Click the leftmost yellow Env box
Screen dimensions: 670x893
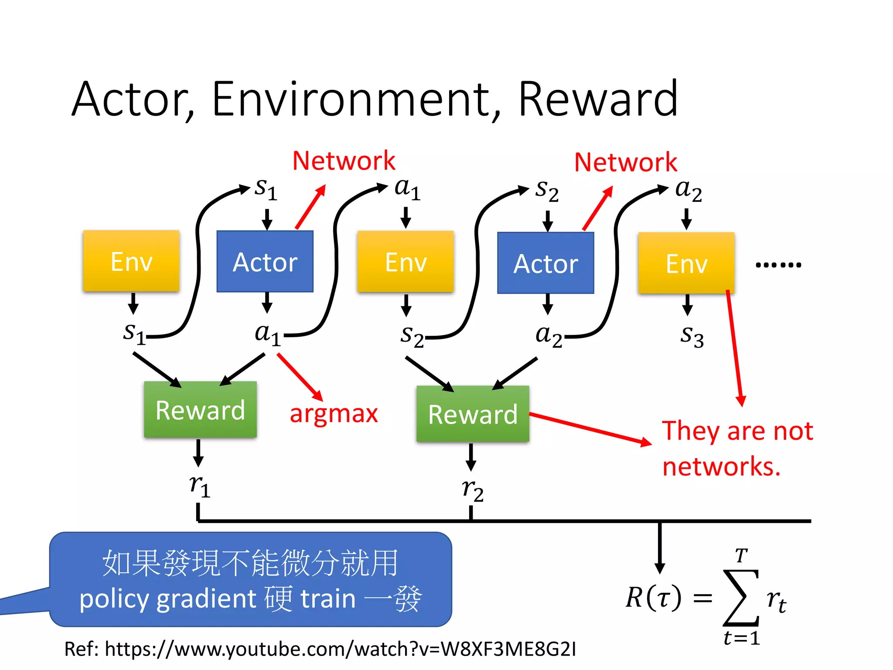(x=131, y=261)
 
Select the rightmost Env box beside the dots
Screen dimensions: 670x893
(x=686, y=263)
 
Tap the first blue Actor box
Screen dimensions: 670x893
(x=265, y=261)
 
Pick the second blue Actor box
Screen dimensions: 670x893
(x=545, y=263)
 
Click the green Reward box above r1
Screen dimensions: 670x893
(x=200, y=410)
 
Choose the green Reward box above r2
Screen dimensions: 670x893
(x=473, y=414)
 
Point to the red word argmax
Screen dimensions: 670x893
(x=334, y=414)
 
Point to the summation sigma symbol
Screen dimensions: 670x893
(x=740, y=598)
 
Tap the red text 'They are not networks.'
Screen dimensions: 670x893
(x=737, y=448)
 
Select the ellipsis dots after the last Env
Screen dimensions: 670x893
(x=778, y=264)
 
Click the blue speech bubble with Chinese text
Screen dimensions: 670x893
(x=251, y=579)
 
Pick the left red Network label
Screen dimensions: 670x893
(x=344, y=161)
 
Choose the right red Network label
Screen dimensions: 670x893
(x=625, y=162)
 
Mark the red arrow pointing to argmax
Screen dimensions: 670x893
(x=300, y=377)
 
